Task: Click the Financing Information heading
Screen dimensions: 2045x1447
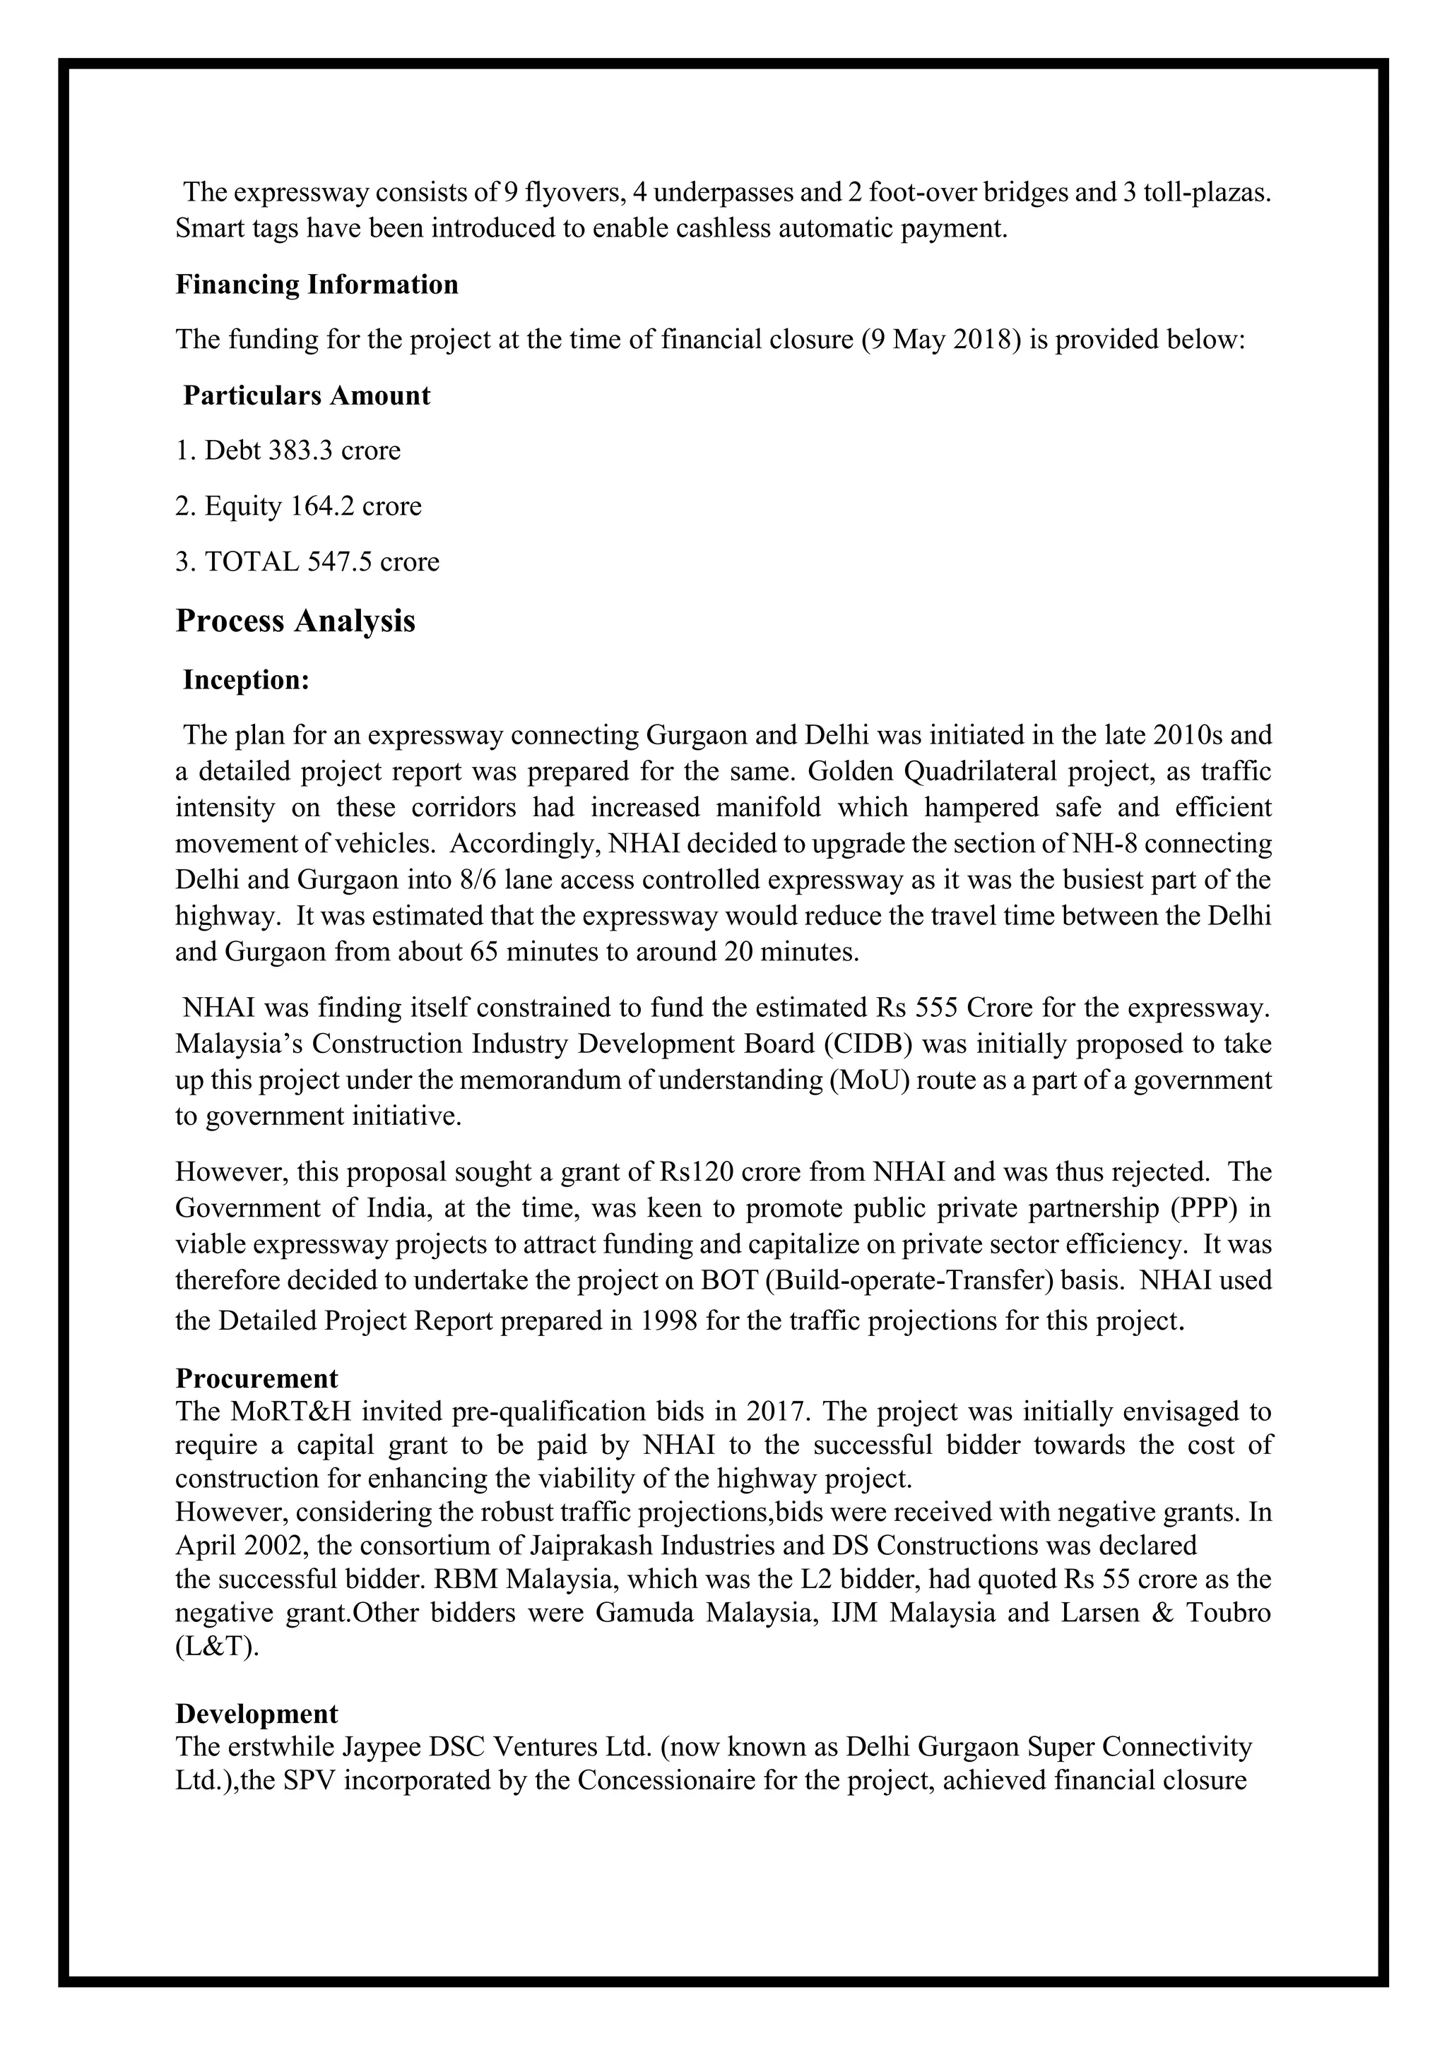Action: pyautogui.click(x=317, y=285)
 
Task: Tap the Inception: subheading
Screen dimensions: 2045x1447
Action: pyautogui.click(x=246, y=681)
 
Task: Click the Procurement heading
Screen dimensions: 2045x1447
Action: pyautogui.click(x=256, y=1379)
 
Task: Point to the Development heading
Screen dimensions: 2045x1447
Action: pyautogui.click(x=256, y=1715)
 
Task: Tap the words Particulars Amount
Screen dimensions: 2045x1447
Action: pyautogui.click(x=307, y=395)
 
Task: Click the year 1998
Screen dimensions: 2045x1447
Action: pyautogui.click(x=669, y=1321)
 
